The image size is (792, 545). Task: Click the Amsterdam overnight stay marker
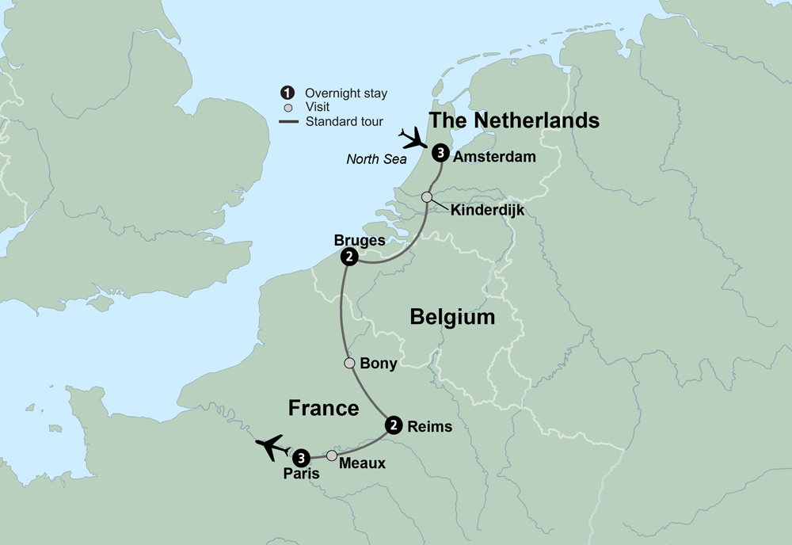click(x=441, y=155)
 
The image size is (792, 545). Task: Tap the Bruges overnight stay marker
click(x=348, y=257)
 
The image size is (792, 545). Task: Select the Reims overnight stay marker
click(x=392, y=425)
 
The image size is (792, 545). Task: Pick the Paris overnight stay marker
click(x=301, y=458)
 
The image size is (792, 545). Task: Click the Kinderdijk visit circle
click(x=427, y=196)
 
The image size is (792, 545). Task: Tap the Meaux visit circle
click(x=332, y=455)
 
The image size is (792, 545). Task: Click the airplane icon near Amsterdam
click(x=413, y=139)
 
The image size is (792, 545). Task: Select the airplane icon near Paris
click(x=272, y=447)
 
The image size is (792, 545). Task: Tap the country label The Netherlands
click(x=513, y=120)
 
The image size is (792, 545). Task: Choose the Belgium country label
click(x=452, y=318)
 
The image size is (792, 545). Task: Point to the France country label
click(x=323, y=408)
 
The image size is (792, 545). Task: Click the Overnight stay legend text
click(x=346, y=93)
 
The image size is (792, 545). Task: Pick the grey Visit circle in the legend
click(x=288, y=108)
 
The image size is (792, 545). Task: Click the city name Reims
click(x=429, y=426)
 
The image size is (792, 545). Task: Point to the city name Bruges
click(x=360, y=240)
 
